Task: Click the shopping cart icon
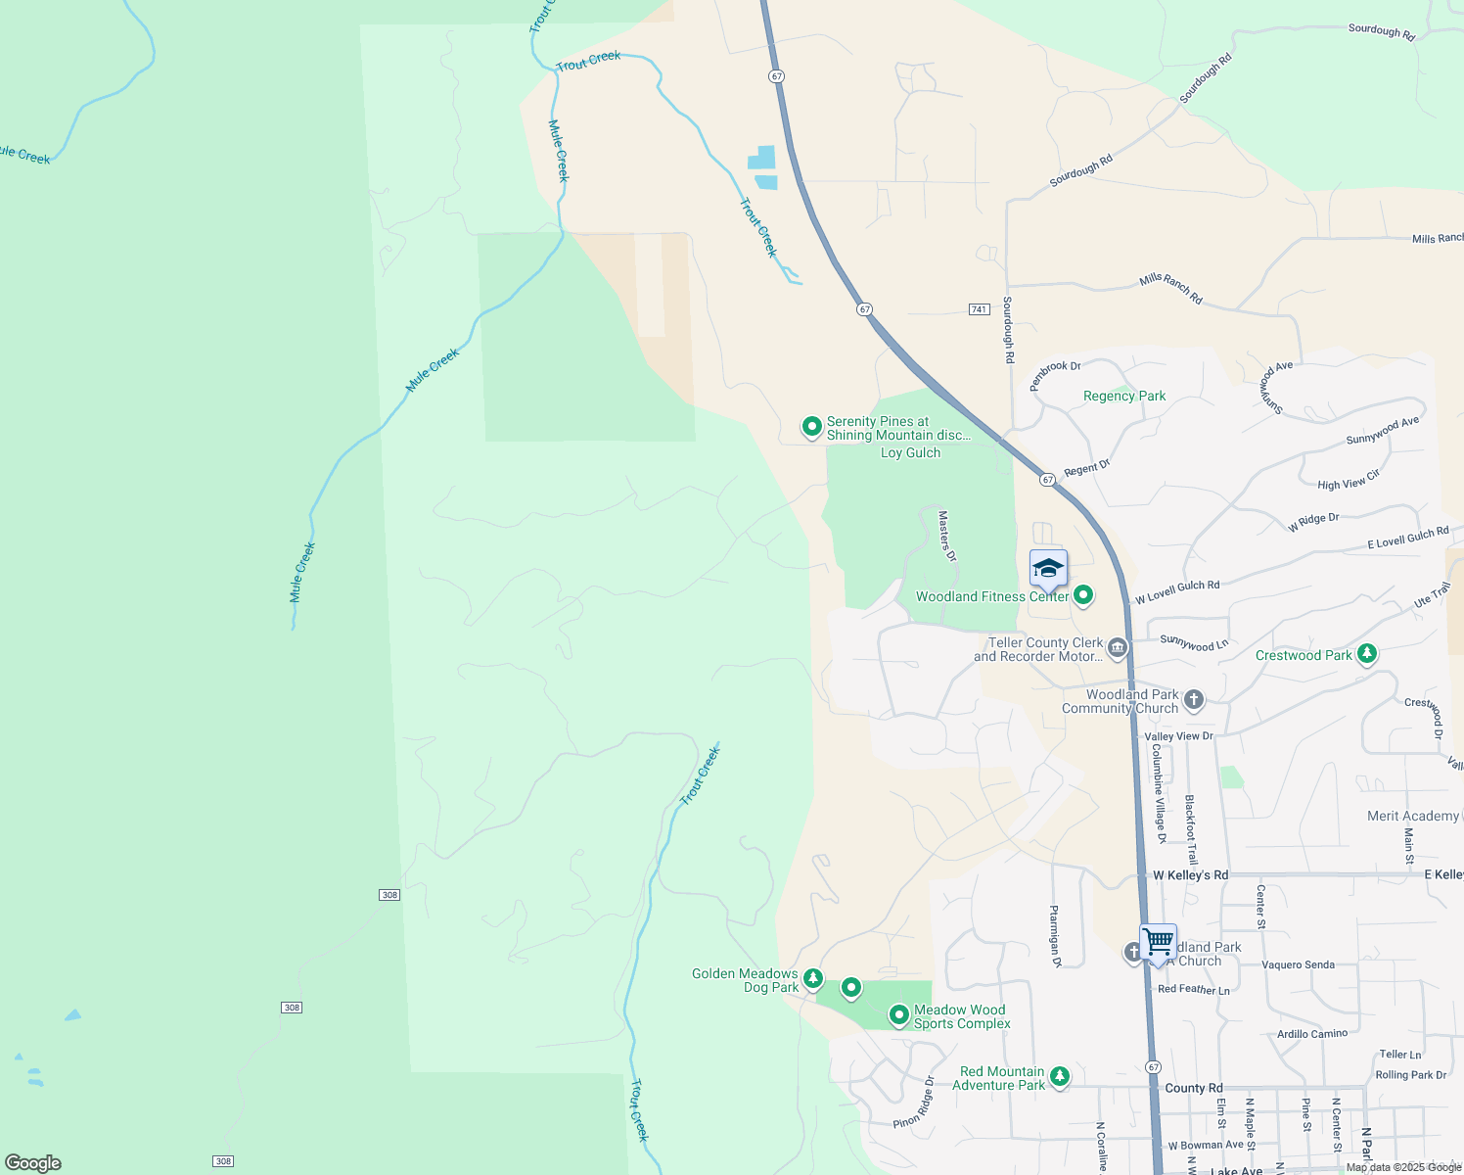point(1158,942)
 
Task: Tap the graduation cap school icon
point(1047,568)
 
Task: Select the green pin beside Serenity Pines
point(811,427)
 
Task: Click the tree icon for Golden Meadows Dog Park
point(813,978)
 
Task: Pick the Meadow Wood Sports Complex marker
point(899,1015)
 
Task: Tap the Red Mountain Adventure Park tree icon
point(1059,1077)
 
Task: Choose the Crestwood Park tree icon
point(1367,654)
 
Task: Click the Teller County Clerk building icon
point(1118,648)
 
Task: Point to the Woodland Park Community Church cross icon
point(1193,700)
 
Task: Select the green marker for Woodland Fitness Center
point(1083,594)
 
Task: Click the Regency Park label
point(1124,396)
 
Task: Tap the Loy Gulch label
point(910,452)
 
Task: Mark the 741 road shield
point(979,309)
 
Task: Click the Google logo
point(33,1163)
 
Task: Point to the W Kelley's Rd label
point(1190,875)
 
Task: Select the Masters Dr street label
point(946,536)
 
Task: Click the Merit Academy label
point(1412,816)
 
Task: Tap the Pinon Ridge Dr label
point(914,1102)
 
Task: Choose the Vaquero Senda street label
point(1298,964)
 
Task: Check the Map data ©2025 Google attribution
point(1403,1167)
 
